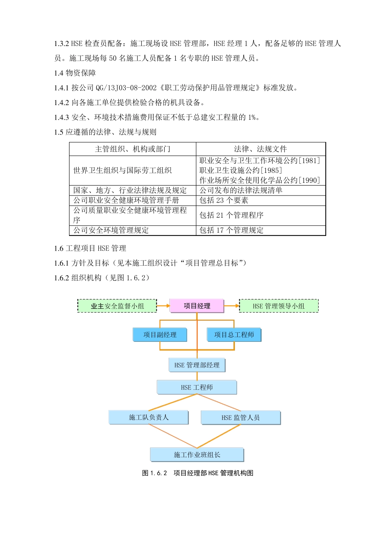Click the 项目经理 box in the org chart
197,306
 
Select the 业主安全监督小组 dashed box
117,306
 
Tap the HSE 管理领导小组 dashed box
279,306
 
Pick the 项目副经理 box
160,335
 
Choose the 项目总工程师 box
234,335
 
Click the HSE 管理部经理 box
197,365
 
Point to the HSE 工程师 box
197,387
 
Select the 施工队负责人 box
148,417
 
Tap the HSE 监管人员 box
240,418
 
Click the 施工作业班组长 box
197,454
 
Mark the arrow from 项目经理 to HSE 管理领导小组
232,306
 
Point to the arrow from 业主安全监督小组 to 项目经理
163,306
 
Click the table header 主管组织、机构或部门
133,149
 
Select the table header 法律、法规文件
260,149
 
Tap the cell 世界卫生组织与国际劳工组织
123,171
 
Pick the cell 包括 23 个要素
224,200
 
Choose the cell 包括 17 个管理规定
231,230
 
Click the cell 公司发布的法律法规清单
241,190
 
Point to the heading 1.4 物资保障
75,73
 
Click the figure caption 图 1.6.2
198,473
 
